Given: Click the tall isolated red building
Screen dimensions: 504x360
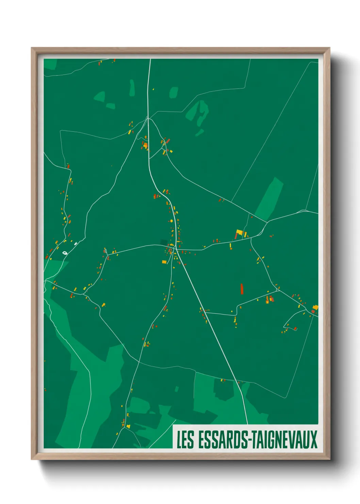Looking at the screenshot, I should pyautogui.click(x=242, y=288).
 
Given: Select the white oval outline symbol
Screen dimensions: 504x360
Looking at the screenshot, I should pyautogui.click(x=65, y=253).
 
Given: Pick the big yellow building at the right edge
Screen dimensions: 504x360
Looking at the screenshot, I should pyautogui.click(x=315, y=308).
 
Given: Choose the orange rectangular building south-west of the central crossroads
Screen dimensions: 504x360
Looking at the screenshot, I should pyautogui.click(x=164, y=262).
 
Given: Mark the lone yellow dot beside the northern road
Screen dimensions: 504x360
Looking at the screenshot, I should pyautogui.click(x=153, y=89).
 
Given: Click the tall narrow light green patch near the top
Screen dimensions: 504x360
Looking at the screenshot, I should pyautogui.click(x=132, y=88).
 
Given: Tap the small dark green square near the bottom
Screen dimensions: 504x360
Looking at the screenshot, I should pyautogui.click(x=177, y=389).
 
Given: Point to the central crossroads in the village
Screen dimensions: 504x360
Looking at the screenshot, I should pyautogui.click(x=176, y=248).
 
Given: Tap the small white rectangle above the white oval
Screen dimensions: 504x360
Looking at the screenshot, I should pyautogui.click(x=76, y=243).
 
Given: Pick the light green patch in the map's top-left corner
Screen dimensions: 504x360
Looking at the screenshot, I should pyautogui.click(x=50, y=64).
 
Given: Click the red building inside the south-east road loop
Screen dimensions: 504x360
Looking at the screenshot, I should pyautogui.click(x=295, y=329).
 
